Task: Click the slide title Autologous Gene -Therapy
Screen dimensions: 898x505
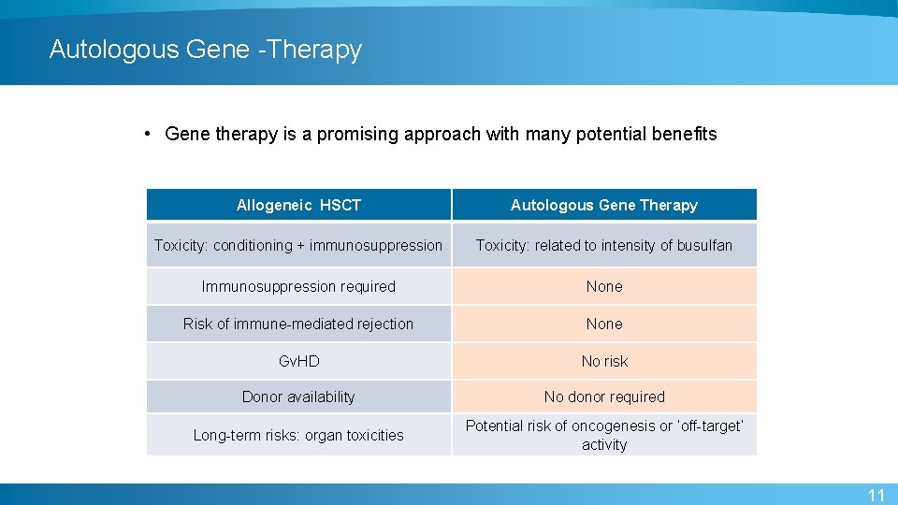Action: coord(205,49)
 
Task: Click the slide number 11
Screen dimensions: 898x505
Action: coord(876,495)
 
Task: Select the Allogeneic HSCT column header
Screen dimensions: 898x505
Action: coord(298,205)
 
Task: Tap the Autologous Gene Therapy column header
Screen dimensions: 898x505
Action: coord(604,205)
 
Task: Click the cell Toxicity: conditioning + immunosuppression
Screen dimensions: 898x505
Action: coord(298,245)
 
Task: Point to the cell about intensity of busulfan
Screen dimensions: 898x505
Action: coord(604,245)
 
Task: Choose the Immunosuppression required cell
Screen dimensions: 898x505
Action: coord(298,286)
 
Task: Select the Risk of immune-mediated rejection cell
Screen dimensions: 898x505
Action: coord(298,324)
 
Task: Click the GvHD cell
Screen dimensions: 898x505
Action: coord(298,361)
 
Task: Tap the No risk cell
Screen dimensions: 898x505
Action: coord(604,361)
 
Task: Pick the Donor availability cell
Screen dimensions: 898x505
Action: coord(298,397)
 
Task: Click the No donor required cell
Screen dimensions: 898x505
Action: coord(604,397)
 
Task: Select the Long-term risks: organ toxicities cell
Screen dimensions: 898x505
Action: coord(298,435)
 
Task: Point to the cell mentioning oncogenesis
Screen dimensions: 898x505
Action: coord(604,435)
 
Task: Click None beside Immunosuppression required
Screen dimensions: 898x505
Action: coord(604,286)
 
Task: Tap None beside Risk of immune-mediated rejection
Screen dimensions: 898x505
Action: coord(604,324)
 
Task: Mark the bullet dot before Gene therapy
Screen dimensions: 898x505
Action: coord(149,134)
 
